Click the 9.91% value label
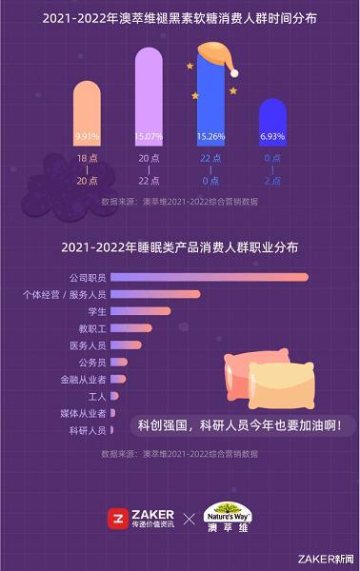[x=87, y=137]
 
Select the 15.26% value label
[x=210, y=137]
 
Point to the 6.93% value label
[x=273, y=137]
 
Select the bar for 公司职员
[x=210, y=277]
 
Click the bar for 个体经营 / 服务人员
[x=155, y=294]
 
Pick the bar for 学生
[x=141, y=311]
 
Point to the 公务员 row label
[x=91, y=363]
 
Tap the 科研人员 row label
[x=88, y=431]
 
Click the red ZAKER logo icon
[x=119, y=520]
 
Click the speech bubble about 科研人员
[x=240, y=424]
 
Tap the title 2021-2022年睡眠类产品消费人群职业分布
[x=180, y=246]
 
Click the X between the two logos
[x=189, y=520]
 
